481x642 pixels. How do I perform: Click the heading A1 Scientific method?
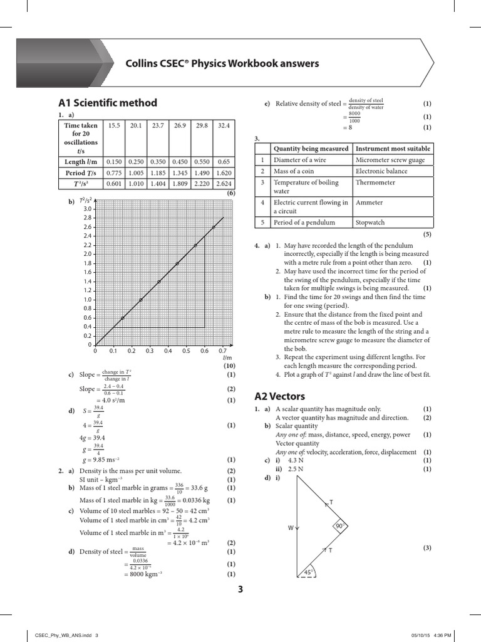[x=107, y=103]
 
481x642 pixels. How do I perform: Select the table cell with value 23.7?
[x=158, y=126]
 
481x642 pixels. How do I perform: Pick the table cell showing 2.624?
[x=224, y=184]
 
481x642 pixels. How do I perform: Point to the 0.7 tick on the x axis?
[x=223, y=351]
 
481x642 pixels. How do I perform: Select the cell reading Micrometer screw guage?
[x=389, y=160]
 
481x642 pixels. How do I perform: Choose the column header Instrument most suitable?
[x=393, y=149]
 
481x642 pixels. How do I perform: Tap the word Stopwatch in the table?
[x=370, y=223]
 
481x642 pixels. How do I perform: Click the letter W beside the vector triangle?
[x=291, y=528]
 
